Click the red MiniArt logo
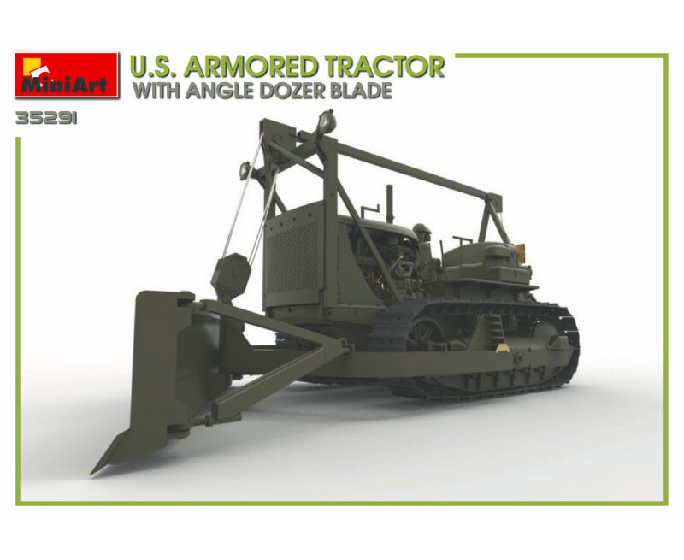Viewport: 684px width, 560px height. (x=67, y=74)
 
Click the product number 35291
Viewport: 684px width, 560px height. (x=46, y=119)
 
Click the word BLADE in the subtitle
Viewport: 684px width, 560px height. (x=364, y=91)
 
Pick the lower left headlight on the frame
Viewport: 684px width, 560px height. (x=245, y=171)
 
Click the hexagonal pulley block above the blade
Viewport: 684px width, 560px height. (x=231, y=275)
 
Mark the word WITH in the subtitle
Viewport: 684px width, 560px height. (x=157, y=91)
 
